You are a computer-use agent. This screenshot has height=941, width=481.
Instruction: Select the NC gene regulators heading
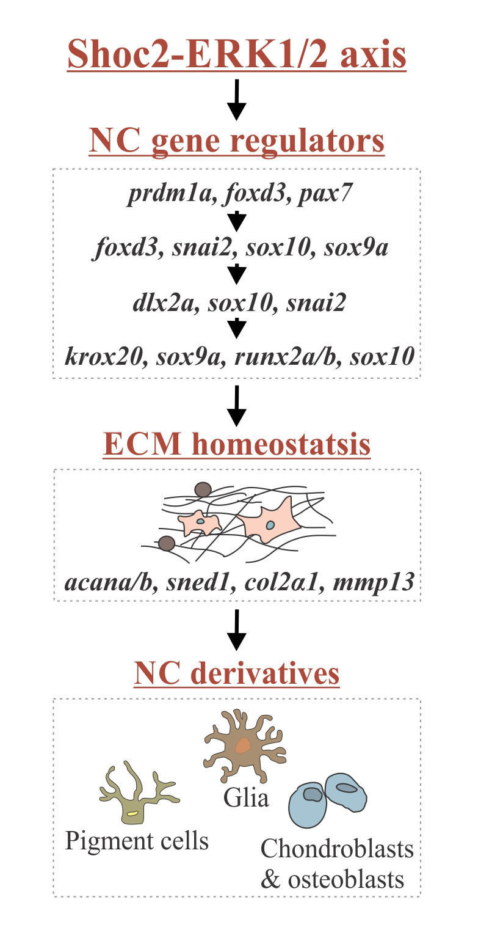point(237,141)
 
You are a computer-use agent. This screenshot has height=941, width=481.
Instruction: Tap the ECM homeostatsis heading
point(237,444)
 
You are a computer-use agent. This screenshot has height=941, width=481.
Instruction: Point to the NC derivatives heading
point(237,673)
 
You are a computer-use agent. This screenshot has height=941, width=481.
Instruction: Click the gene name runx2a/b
point(292,356)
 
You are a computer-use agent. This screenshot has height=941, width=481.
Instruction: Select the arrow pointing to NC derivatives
point(237,629)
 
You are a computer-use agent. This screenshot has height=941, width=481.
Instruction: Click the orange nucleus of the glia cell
point(243,745)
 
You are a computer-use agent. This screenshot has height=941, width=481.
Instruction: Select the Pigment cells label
point(137,841)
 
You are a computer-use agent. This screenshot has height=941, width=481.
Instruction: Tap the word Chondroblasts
point(337,849)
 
